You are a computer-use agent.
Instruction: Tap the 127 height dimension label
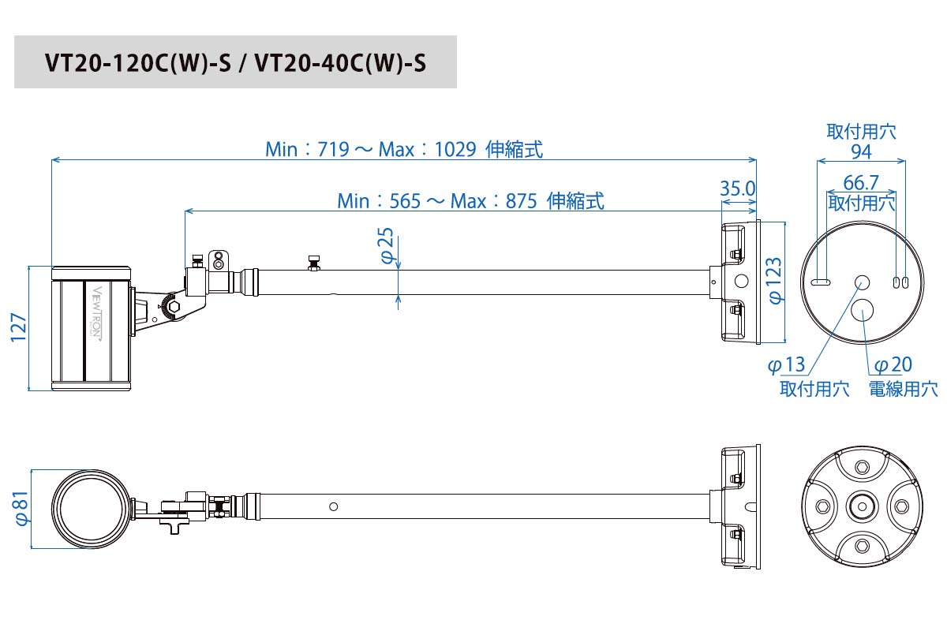coord(18,327)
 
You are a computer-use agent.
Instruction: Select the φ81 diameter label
coord(21,508)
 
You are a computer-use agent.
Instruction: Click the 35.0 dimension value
coord(738,189)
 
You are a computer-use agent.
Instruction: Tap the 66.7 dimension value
coord(861,182)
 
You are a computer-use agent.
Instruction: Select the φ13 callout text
coord(787,364)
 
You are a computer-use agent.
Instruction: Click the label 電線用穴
coord(903,388)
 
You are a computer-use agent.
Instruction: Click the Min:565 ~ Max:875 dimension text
coord(470,201)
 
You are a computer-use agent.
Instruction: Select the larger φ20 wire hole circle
coord(863,310)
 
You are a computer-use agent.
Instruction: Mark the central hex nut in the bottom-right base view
coord(861,503)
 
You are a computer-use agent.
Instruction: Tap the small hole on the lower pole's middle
coord(334,506)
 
